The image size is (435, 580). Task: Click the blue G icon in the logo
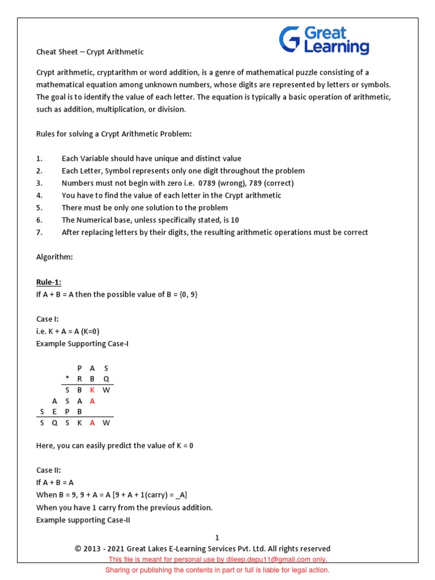click(x=290, y=40)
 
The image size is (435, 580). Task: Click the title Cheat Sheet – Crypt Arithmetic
click(x=89, y=52)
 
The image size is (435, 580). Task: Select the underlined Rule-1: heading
click(x=49, y=282)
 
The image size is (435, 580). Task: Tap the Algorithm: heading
click(x=54, y=257)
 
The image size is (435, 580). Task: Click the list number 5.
click(x=39, y=208)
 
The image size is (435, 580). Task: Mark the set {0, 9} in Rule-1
click(x=186, y=295)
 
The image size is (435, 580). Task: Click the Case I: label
click(x=48, y=319)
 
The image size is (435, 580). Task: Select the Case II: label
click(x=49, y=470)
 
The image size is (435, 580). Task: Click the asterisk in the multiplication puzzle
click(x=67, y=379)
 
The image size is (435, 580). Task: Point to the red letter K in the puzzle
click(x=93, y=390)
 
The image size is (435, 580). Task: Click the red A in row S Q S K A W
click(x=93, y=423)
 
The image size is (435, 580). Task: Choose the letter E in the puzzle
click(x=54, y=412)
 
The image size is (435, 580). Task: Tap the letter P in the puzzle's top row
click(x=80, y=368)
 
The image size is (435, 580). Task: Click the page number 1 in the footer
click(x=217, y=538)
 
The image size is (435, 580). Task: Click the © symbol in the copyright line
click(x=78, y=548)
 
